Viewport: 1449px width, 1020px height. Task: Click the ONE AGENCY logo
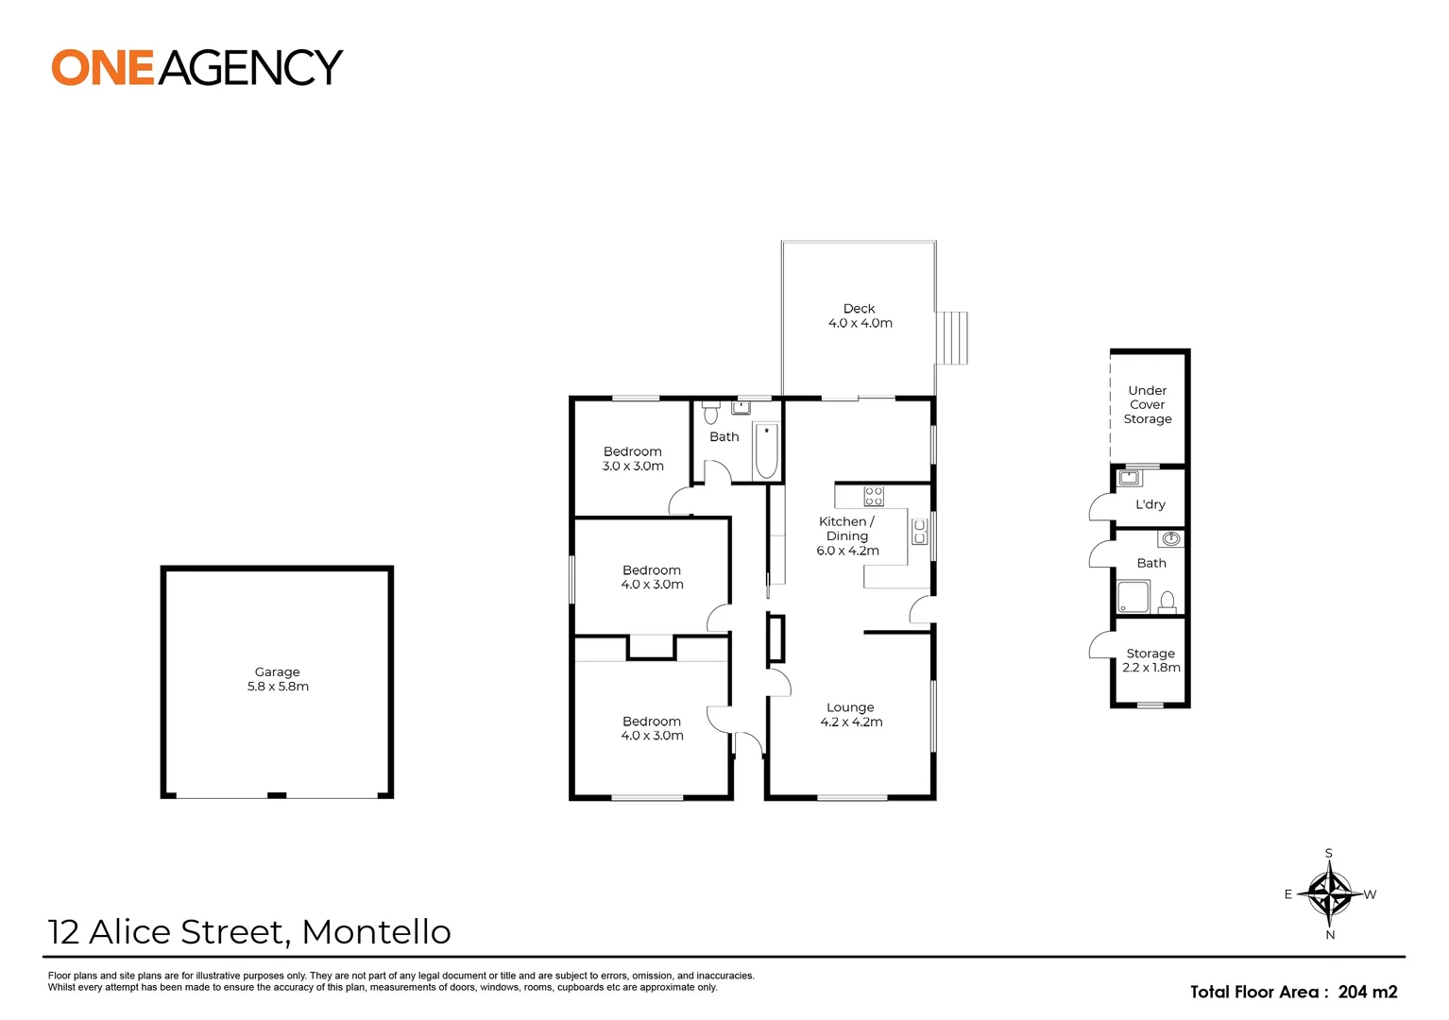click(196, 68)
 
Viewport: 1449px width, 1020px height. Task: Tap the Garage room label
click(278, 679)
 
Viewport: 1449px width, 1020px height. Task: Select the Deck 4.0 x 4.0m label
click(860, 315)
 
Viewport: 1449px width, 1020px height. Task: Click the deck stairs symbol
click(952, 338)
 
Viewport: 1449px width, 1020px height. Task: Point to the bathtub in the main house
click(766, 451)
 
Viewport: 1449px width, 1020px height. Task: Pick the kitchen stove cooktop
click(874, 496)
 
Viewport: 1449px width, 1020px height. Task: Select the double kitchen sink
click(919, 532)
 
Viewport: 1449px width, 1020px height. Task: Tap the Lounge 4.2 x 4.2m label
click(851, 714)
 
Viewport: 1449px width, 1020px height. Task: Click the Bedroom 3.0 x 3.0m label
click(633, 458)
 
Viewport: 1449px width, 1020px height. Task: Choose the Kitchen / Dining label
click(847, 535)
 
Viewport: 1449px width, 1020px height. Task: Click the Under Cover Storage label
click(1148, 404)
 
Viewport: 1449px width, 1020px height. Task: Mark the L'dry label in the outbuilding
click(1150, 504)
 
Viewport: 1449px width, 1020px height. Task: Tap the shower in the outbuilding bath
click(1134, 597)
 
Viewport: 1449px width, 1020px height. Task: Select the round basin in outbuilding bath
click(1170, 539)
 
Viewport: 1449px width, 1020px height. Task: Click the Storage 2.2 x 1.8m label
click(1151, 660)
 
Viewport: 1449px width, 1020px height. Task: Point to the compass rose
click(1329, 893)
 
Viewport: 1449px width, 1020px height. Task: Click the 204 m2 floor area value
click(1367, 992)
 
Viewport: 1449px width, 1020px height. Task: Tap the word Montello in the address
click(376, 932)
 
